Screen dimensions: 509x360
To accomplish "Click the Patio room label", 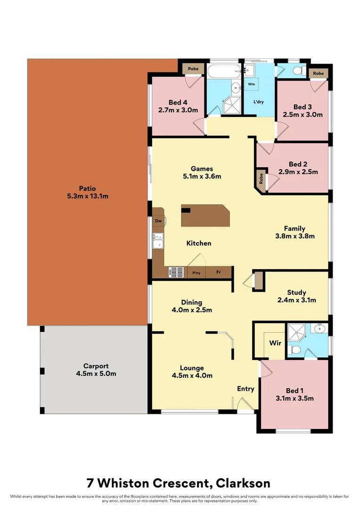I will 87,188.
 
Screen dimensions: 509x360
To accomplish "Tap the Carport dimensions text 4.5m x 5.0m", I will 96,374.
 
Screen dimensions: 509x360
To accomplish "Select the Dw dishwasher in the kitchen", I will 158,221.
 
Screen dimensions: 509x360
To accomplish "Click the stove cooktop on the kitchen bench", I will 177,272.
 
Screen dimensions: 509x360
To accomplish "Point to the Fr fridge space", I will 219,272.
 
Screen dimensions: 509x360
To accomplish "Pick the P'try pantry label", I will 196,272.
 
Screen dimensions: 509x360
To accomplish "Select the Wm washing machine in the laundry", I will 251,84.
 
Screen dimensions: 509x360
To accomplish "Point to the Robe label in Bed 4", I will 193,69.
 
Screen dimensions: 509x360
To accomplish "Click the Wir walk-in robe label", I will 275,343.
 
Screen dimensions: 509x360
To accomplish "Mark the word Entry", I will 245,389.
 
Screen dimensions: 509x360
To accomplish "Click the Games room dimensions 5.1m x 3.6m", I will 202,176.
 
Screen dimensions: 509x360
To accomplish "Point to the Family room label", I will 295,229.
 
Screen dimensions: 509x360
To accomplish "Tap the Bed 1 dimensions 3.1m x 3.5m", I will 295,398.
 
